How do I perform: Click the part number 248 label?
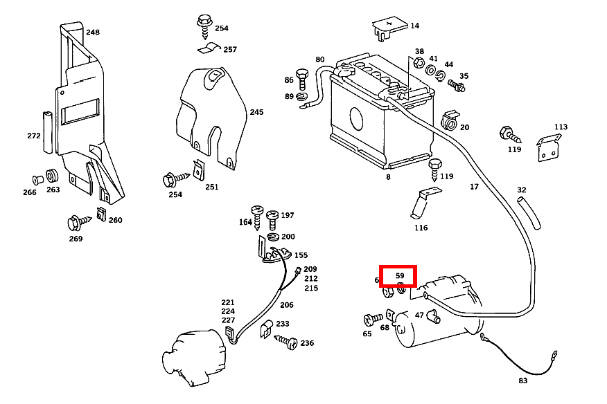(92, 32)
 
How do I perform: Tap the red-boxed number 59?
(400, 275)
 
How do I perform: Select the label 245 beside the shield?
(256, 112)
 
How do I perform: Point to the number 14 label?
(414, 26)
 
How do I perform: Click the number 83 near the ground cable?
(522, 380)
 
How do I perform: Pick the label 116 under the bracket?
(421, 228)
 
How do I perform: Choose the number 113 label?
(561, 127)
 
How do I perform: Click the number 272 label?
(34, 136)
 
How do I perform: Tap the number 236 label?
(307, 342)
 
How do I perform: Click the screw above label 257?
(204, 26)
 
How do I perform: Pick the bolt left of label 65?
(373, 320)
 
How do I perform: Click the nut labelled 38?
(419, 64)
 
